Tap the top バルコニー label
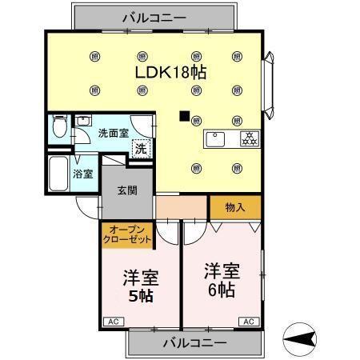pos(154,15)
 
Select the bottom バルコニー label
pos(195,342)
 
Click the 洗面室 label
pos(113,133)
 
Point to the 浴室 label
pos(83,173)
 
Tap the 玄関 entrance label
pos(127,190)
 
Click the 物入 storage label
pos(234,207)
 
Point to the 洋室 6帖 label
pos(221,279)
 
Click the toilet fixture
pos(59,128)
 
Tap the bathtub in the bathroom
pos(58,172)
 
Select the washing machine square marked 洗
pos(141,148)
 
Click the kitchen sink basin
pos(217,139)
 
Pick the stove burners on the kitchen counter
pos(248,138)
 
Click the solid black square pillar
pos(186,117)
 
